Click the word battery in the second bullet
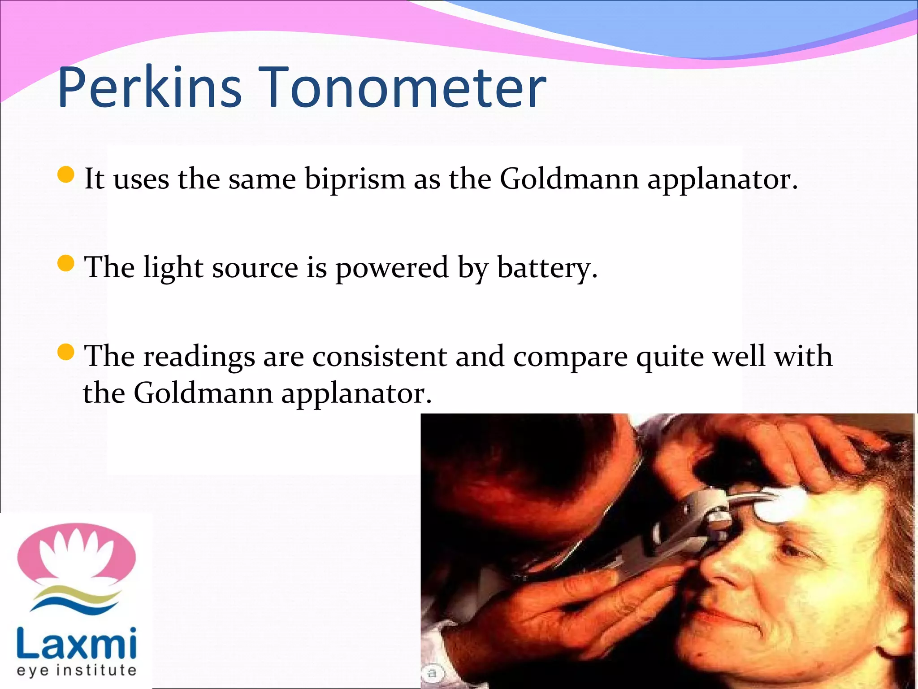click(x=547, y=269)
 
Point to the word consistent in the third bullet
click(x=380, y=357)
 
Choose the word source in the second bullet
click(x=255, y=269)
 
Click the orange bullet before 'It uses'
click(x=66, y=175)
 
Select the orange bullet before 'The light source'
click(x=66, y=263)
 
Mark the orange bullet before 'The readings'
click(x=66, y=352)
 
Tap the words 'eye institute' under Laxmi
click(x=77, y=671)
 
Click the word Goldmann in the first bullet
click(x=569, y=179)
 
